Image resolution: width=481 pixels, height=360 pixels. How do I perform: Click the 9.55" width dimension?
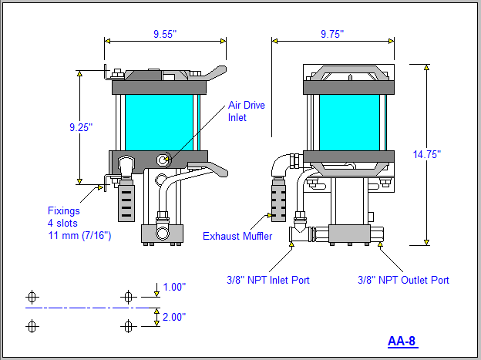[165, 34]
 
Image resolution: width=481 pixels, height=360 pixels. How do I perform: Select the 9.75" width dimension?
[331, 34]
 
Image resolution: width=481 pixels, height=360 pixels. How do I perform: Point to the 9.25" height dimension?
[79, 127]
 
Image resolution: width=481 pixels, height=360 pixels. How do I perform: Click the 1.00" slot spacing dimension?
[174, 287]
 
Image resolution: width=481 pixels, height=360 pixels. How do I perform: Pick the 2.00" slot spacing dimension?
[174, 317]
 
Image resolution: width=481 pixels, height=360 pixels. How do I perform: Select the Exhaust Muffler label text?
[237, 236]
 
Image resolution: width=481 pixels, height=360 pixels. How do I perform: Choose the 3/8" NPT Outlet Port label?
[404, 280]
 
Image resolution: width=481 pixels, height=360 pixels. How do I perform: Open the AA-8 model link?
[402, 341]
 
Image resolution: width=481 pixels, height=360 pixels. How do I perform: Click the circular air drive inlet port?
[163, 160]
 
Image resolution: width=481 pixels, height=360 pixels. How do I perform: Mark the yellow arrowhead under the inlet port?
[291, 245]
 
